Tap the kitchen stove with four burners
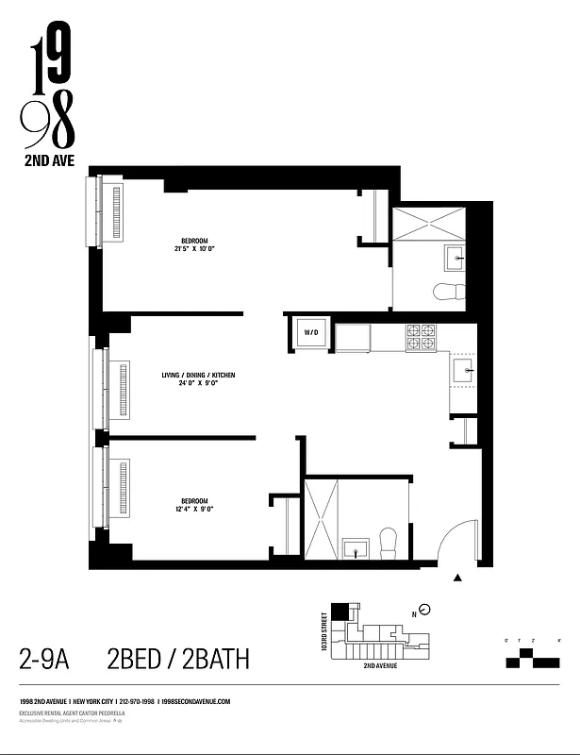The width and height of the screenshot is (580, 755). tap(421, 337)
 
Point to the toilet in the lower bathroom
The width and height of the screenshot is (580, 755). tap(388, 541)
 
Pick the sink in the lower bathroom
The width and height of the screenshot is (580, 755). tap(356, 547)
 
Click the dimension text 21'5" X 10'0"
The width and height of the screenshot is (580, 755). tap(195, 249)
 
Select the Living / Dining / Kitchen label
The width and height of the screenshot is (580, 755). tap(198, 375)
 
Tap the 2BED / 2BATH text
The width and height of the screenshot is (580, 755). tap(178, 658)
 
